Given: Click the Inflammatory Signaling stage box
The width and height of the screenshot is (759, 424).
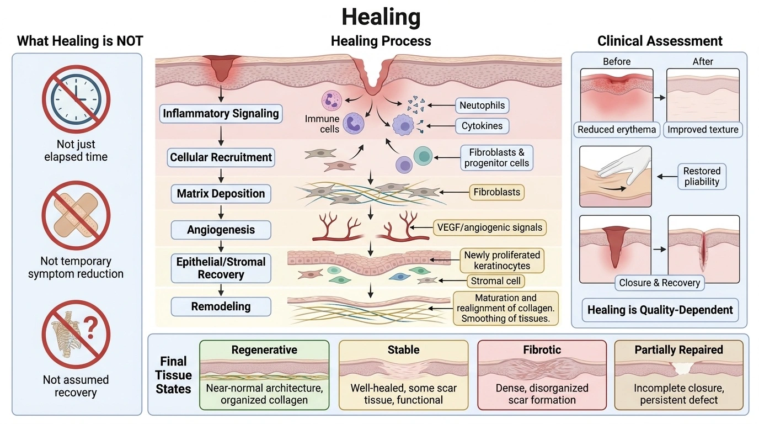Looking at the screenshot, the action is pyautogui.click(x=221, y=113).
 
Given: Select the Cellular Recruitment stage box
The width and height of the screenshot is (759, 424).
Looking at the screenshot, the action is pyautogui.click(x=221, y=157).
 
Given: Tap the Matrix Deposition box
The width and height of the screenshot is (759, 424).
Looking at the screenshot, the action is pyautogui.click(x=221, y=194).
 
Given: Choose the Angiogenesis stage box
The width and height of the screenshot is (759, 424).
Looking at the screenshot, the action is pyautogui.click(x=221, y=230).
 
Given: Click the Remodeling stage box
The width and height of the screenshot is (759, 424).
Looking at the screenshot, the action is pyautogui.click(x=221, y=306).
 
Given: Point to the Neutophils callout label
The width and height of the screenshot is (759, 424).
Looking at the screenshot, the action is pyautogui.click(x=482, y=105).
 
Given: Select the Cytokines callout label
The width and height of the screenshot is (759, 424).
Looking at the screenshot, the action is pyautogui.click(x=482, y=126).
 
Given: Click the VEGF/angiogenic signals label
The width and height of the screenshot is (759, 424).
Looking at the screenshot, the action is pyautogui.click(x=490, y=227).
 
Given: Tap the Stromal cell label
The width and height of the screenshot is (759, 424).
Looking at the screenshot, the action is pyautogui.click(x=496, y=281).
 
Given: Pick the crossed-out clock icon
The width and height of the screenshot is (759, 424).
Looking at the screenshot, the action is pyautogui.click(x=76, y=99).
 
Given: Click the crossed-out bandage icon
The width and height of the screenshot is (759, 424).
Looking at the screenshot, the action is pyautogui.click(x=76, y=215).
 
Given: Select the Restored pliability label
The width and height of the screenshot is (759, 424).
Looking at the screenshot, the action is pyautogui.click(x=702, y=176).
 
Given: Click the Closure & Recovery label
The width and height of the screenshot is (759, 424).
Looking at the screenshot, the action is pyautogui.click(x=660, y=283).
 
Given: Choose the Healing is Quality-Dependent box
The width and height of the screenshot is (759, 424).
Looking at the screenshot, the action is pyautogui.click(x=660, y=310).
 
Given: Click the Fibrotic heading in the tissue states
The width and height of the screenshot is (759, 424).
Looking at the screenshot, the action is pyautogui.click(x=542, y=349).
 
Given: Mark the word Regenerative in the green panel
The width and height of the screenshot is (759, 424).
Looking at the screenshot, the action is pyautogui.click(x=264, y=349).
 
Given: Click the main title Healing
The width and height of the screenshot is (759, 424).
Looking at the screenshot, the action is pyautogui.click(x=381, y=17).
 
